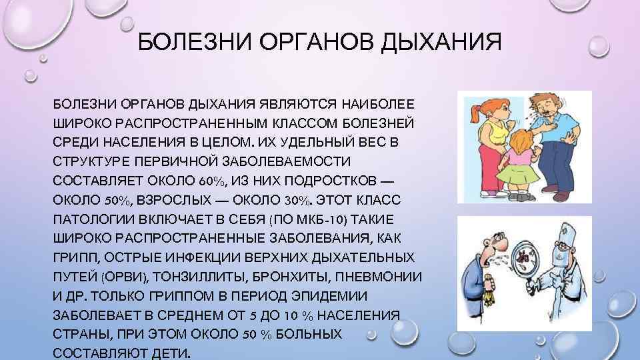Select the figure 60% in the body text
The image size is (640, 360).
click(x=213, y=181)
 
